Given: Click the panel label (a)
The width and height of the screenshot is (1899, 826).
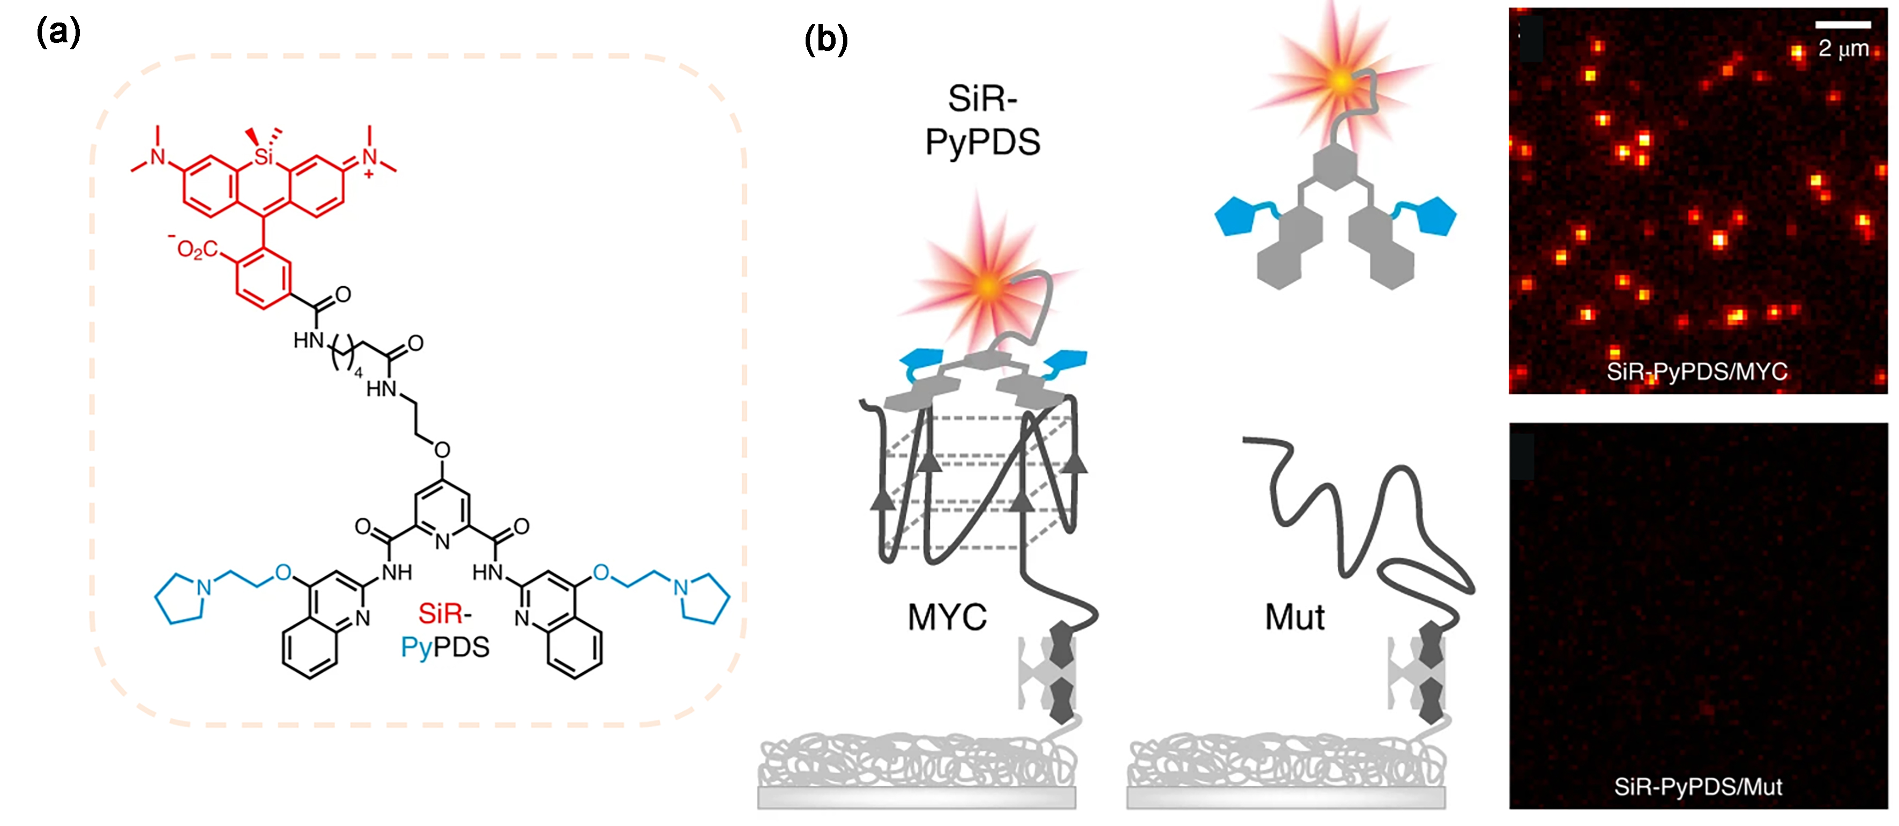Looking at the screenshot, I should click(x=57, y=33).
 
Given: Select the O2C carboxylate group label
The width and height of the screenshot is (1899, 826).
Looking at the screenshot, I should click(x=197, y=249).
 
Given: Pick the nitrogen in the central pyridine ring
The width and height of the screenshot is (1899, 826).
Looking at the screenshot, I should click(x=442, y=541).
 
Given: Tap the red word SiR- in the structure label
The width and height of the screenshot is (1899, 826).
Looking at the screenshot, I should click(x=444, y=613).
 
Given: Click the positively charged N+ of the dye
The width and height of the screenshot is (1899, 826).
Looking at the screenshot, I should click(x=369, y=157).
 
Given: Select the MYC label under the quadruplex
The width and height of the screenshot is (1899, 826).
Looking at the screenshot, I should click(x=947, y=617).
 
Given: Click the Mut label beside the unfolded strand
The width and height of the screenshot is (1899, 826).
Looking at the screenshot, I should click(x=1294, y=617).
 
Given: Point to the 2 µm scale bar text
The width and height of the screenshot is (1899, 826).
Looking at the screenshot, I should click(x=1843, y=49).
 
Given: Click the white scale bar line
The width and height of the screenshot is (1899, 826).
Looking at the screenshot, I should click(x=1842, y=25).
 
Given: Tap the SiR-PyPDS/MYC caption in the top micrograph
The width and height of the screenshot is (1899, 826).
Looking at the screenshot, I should click(x=1697, y=371).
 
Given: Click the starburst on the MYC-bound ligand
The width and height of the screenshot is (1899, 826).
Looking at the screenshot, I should click(x=988, y=286).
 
